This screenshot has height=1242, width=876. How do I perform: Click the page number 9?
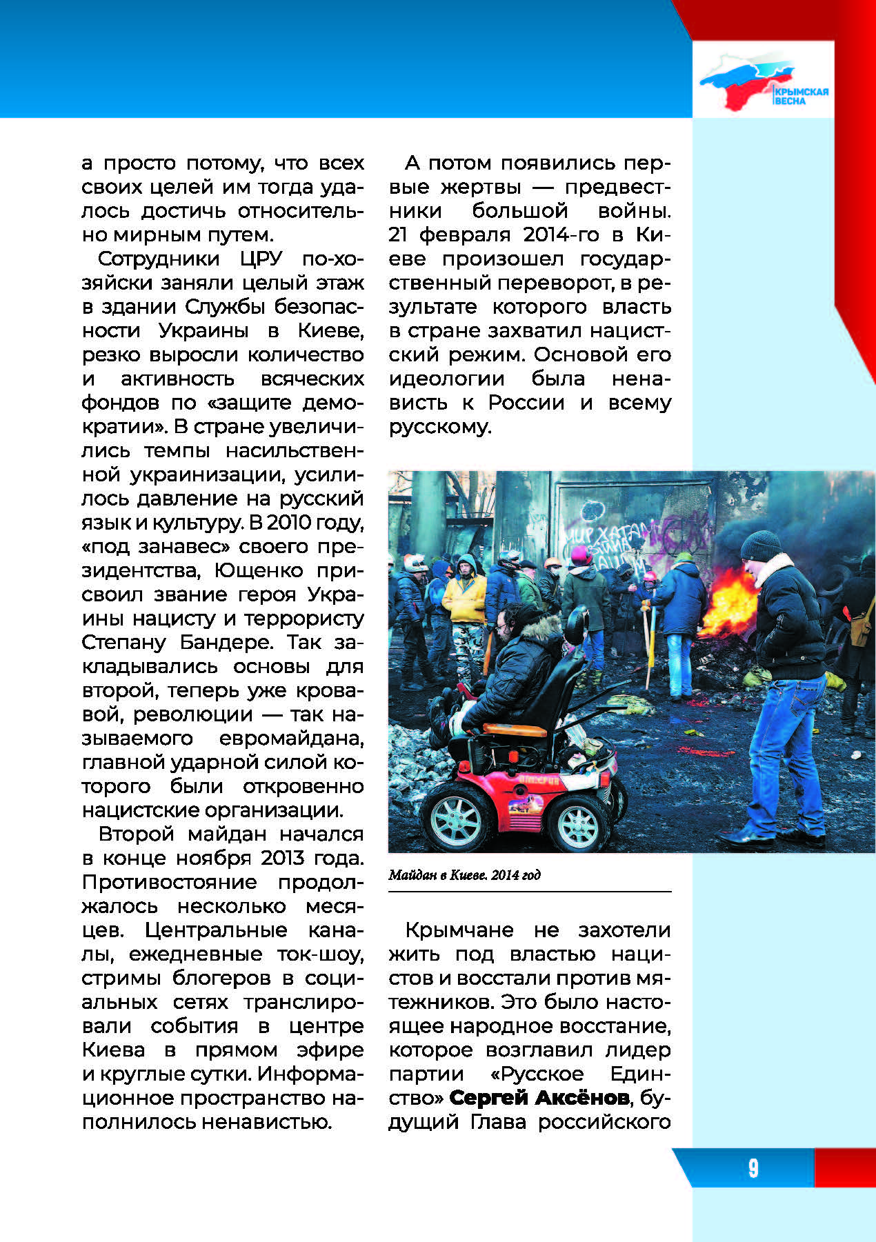pyautogui.click(x=753, y=1168)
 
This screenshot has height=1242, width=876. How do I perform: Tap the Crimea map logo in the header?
pyautogui.click(x=748, y=80)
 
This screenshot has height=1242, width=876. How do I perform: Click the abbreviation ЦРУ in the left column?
pyautogui.click(x=261, y=259)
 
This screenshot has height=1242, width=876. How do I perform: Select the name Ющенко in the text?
pyautogui.click(x=259, y=570)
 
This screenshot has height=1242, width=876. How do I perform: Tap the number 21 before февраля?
pyautogui.click(x=398, y=234)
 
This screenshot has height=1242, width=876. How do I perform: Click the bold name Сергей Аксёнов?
pyautogui.click(x=539, y=1097)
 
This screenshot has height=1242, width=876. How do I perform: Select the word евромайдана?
pyautogui.click(x=291, y=738)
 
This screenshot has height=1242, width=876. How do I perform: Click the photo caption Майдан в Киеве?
pyautogui.click(x=464, y=875)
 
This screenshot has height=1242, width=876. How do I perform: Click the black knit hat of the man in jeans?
pyautogui.click(x=761, y=545)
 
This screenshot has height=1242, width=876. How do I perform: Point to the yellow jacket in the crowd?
pyautogui.click(x=464, y=597)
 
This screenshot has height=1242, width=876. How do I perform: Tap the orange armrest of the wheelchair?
pyautogui.click(x=511, y=728)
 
